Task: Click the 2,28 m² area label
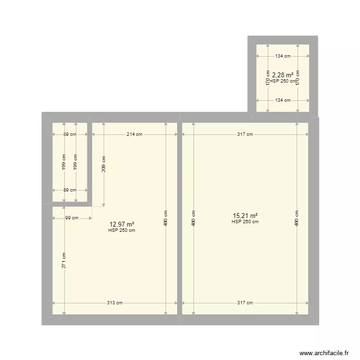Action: [x=283, y=75]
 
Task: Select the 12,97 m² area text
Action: [x=121, y=224]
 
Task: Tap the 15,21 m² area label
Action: [x=245, y=216]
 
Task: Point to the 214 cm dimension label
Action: [x=134, y=134]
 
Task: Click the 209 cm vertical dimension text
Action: [x=104, y=165]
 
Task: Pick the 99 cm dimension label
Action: [x=72, y=218]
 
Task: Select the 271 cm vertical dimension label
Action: [x=63, y=260]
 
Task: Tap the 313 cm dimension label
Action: [x=115, y=303]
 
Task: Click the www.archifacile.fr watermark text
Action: [x=324, y=353]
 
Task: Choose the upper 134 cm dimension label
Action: [x=283, y=56]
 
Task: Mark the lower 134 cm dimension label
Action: [x=283, y=100]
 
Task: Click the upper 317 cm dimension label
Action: [x=245, y=134]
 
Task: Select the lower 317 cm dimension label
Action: [x=245, y=303]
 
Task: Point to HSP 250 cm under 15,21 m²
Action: [x=245, y=222]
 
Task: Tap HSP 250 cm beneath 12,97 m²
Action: [x=121, y=230]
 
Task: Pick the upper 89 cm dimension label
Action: [x=70, y=134]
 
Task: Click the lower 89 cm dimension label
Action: [x=70, y=190]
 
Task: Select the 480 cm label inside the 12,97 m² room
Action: [x=166, y=219]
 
